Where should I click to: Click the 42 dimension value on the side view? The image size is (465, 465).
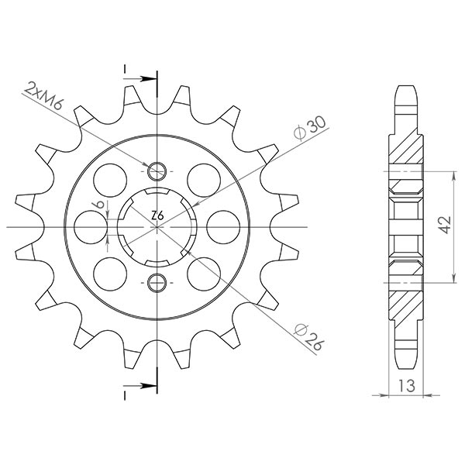pos(442,226)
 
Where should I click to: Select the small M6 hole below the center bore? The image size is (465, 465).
pos(157,281)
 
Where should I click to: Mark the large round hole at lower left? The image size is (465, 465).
pos(108,274)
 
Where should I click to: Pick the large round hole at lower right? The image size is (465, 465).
pos(205,274)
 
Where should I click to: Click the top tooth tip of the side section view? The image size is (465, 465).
pos(406,86)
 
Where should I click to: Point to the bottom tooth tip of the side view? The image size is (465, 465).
pos(406,366)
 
